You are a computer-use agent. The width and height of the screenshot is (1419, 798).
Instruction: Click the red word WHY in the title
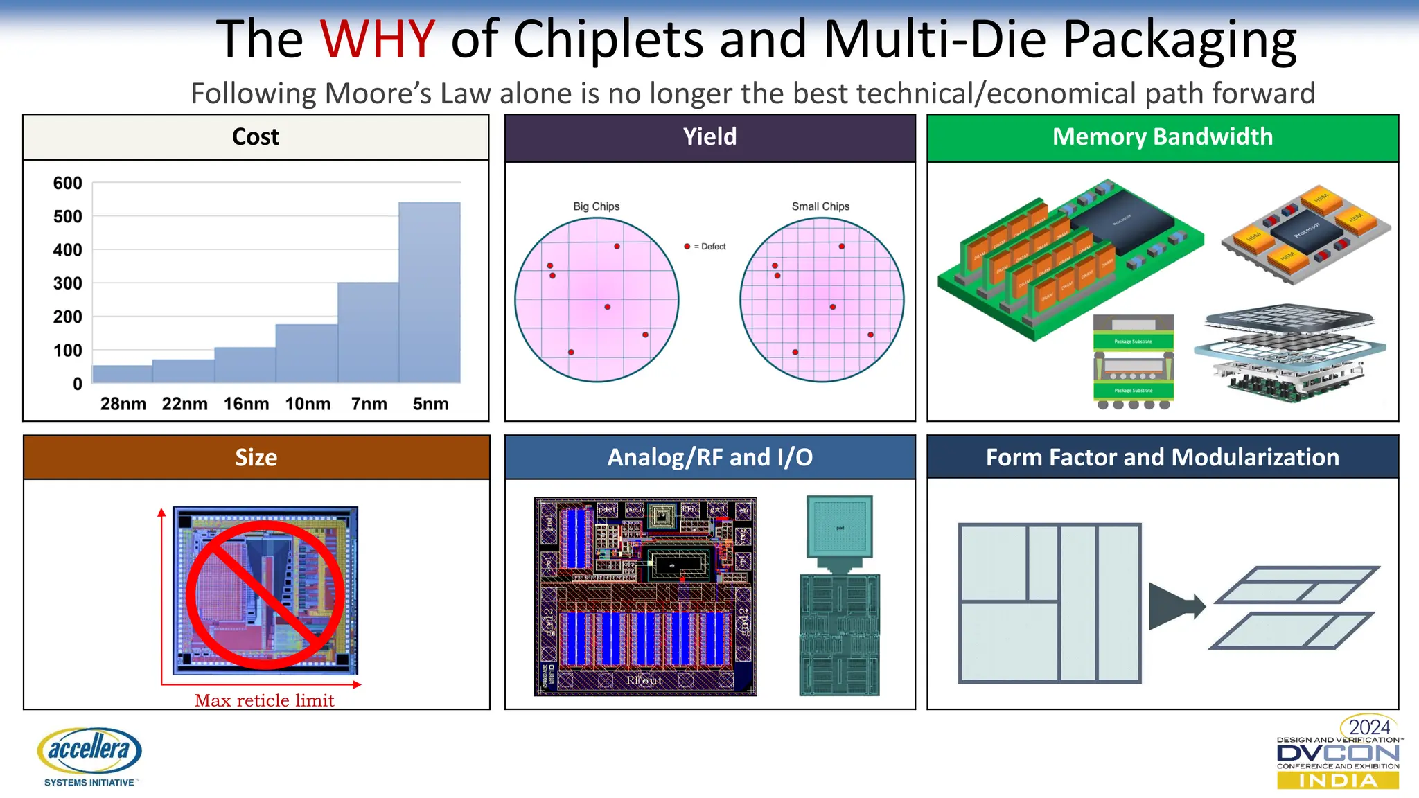[x=378, y=39]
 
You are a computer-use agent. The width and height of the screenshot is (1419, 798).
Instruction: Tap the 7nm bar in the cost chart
[x=368, y=332]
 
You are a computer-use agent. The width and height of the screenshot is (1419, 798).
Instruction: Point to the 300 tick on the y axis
[x=68, y=283]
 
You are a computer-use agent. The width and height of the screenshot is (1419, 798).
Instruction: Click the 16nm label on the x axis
[x=246, y=404]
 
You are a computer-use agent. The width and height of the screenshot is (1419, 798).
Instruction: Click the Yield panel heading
[x=709, y=136]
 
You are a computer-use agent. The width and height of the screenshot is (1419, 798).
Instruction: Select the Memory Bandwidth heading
[x=1162, y=136]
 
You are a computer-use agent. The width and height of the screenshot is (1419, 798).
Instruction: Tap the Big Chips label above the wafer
[x=596, y=206]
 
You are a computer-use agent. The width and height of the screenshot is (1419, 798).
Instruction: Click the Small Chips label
[x=820, y=206]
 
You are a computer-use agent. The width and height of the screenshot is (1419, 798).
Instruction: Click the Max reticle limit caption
[x=264, y=700]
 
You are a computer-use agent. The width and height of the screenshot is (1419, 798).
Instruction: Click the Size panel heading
[x=256, y=457]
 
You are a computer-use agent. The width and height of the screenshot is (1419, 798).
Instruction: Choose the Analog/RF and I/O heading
[x=709, y=457]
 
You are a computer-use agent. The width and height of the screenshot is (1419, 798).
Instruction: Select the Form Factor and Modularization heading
[x=1162, y=457]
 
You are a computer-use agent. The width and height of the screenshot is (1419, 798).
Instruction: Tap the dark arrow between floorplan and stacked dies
[x=1174, y=606]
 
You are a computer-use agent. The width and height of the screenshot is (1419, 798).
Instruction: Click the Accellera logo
[x=89, y=755]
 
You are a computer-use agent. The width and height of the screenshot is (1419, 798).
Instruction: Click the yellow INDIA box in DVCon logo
[x=1337, y=781]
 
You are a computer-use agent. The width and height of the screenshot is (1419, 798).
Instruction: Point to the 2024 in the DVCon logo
[x=1369, y=727]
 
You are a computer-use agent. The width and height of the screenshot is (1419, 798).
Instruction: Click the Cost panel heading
[x=256, y=136]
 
